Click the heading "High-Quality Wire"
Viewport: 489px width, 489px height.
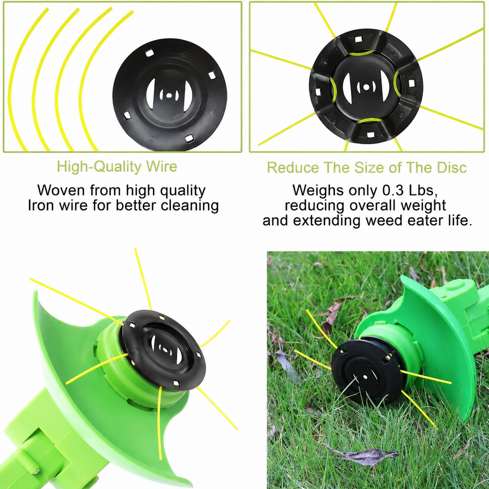coord(117,167)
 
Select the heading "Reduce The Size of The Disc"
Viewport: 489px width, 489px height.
coord(367,167)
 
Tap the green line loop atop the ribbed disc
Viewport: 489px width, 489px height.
coord(361,53)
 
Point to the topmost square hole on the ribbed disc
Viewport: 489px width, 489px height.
coord(358,39)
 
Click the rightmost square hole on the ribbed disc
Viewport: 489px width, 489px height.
coord(412,84)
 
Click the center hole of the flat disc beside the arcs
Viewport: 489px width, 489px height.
coord(168,96)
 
